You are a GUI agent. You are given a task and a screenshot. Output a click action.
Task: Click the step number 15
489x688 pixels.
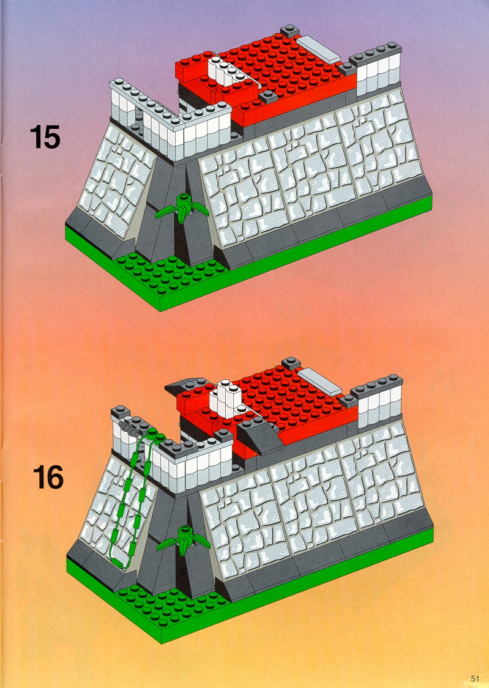pos(45,137)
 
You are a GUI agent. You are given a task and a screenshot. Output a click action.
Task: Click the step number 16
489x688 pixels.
pos(48,477)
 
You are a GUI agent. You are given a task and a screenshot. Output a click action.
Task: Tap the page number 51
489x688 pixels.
pos(475,678)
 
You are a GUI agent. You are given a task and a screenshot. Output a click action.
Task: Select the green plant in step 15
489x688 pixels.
pos(182,207)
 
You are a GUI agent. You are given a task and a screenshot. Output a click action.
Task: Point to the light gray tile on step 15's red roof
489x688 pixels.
pos(319,49)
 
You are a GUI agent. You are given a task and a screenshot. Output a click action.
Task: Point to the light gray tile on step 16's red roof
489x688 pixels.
pos(319,381)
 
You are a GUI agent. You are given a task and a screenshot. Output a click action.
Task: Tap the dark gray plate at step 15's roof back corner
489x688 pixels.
pos(291,31)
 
